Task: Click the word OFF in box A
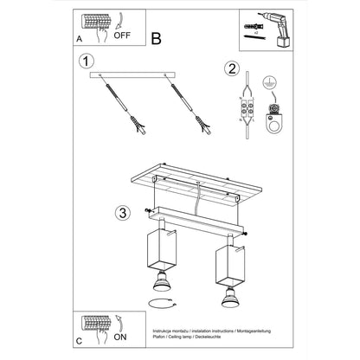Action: pyautogui.click(x=122, y=38)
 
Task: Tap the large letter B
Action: pyautogui.click(x=157, y=37)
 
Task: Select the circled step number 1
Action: pyautogui.click(x=83, y=61)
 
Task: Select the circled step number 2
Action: pyautogui.click(x=231, y=69)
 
